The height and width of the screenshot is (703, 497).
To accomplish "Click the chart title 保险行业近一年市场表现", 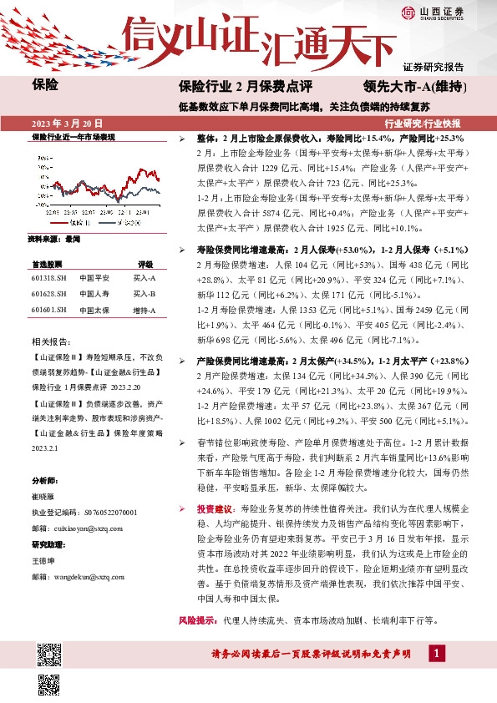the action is point(73,136).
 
